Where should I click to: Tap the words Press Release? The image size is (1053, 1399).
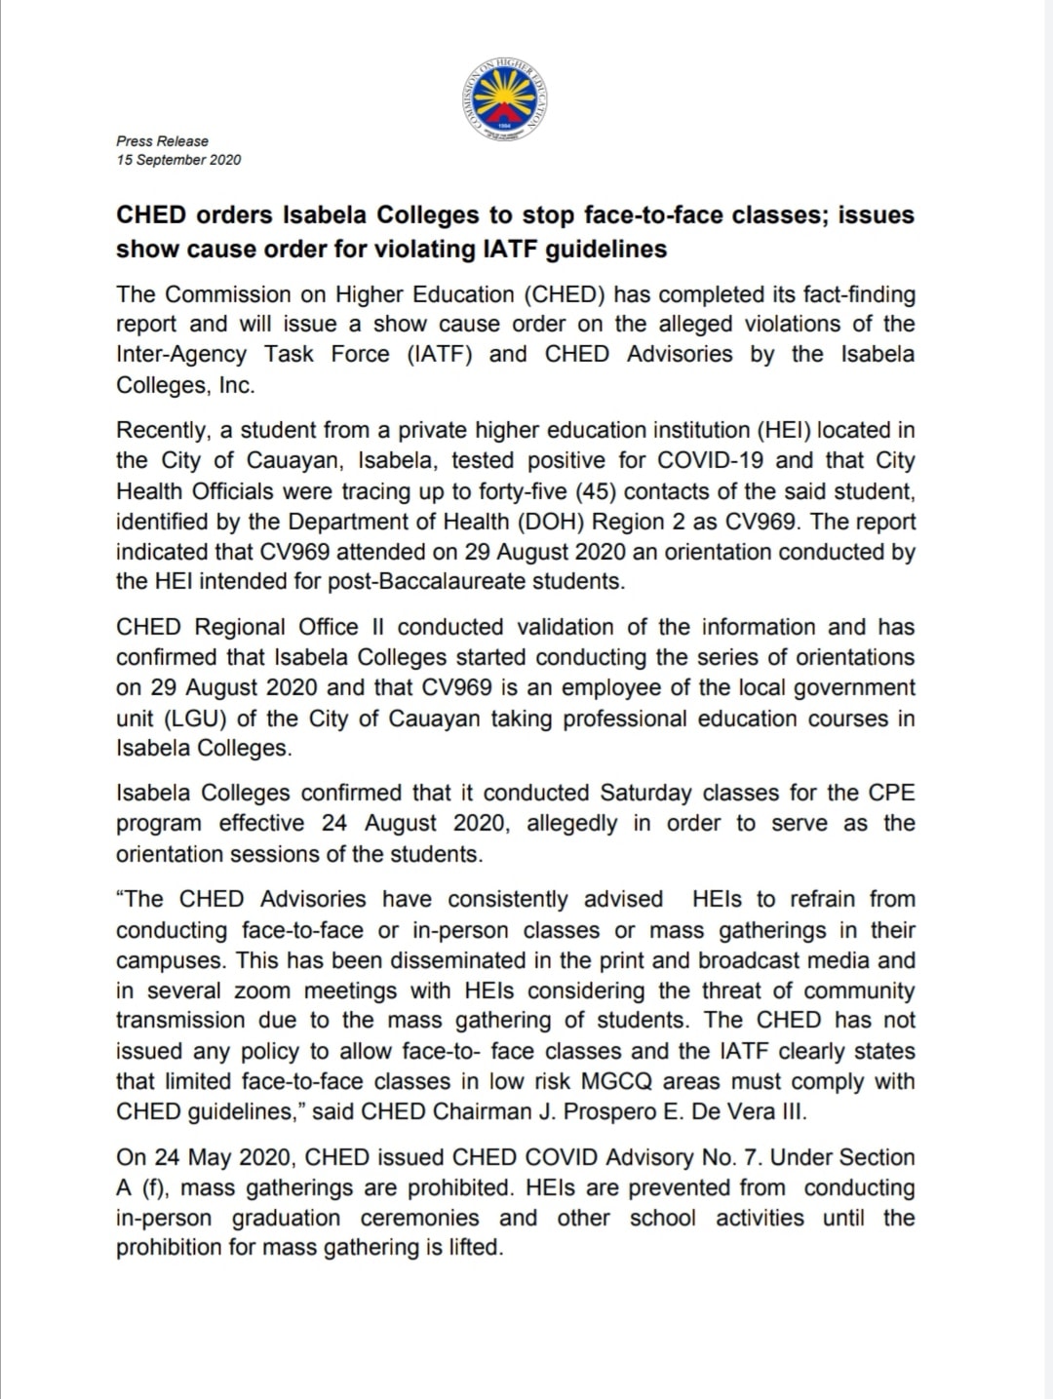click(162, 141)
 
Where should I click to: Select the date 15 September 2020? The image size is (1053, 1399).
click(178, 160)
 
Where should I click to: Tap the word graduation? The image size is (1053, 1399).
click(286, 1218)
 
